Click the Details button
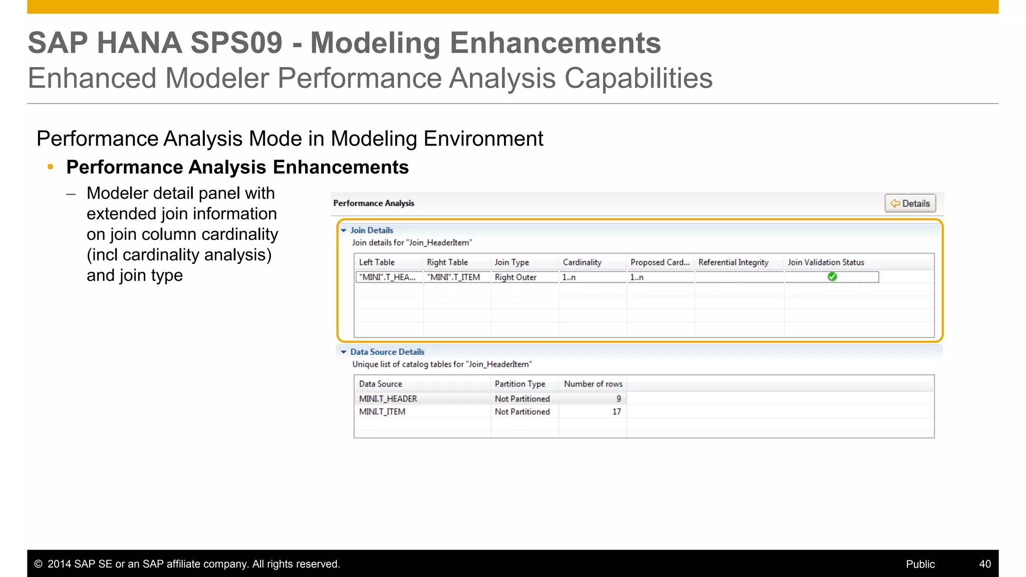pyautogui.click(x=910, y=203)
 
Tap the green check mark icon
pyautogui.click(x=832, y=276)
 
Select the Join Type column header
pyautogui.click(x=511, y=262)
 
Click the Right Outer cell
pyautogui.click(x=516, y=277)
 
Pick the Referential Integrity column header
pyautogui.click(x=733, y=262)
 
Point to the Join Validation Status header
pyautogui.click(x=826, y=262)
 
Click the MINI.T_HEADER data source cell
pyautogui.click(x=388, y=399)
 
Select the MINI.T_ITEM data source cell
pyautogui.click(x=382, y=412)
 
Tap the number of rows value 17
pyautogui.click(x=616, y=412)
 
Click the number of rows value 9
pyautogui.click(x=619, y=399)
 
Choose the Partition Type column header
pyautogui.click(x=520, y=384)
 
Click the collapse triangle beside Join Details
pyautogui.click(x=344, y=230)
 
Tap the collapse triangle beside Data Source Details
pyautogui.click(x=344, y=352)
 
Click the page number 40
pyautogui.click(x=984, y=564)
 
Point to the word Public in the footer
pyautogui.click(x=920, y=564)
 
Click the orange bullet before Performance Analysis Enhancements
pyautogui.click(x=50, y=167)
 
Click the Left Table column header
pyautogui.click(x=377, y=262)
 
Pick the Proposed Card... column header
pyautogui.click(x=660, y=262)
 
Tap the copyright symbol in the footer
pyautogui.click(x=38, y=564)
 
